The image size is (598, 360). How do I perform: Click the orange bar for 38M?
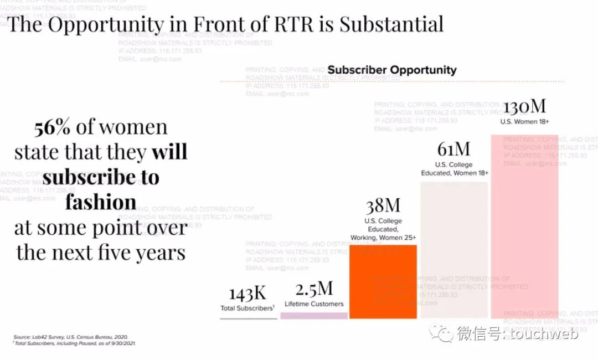tap(383, 282)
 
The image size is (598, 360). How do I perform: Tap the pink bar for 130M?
tap(524, 227)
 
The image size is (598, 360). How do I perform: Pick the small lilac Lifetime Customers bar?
tap(314, 316)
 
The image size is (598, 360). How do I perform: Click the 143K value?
tap(247, 293)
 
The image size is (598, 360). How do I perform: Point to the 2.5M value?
tap(314, 289)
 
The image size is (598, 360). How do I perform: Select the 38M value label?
tap(383, 206)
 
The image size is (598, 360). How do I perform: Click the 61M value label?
tap(453, 149)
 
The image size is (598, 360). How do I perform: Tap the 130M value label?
tap(524, 106)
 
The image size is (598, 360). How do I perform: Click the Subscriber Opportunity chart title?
tap(392, 70)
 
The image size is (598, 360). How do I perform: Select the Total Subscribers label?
tap(247, 308)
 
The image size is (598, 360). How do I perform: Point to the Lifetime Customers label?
tap(314, 304)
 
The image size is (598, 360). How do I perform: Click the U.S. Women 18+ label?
tap(524, 121)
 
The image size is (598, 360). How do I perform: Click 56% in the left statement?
tap(52, 127)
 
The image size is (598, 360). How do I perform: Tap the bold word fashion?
tap(100, 202)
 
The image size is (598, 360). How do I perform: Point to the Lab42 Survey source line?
tap(71, 337)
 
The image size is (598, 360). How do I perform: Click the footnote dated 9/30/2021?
tap(75, 343)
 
